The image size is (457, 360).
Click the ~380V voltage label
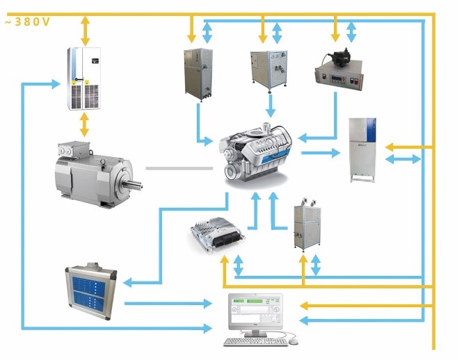[28, 22]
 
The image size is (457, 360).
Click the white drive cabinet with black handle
[84, 79]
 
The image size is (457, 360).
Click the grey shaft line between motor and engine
[179, 168]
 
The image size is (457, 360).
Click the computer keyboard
[255, 342]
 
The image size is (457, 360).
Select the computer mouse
[294, 341]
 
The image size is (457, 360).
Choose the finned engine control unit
[218, 234]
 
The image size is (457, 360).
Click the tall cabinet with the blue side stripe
[363, 150]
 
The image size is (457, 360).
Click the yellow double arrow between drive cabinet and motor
[84, 124]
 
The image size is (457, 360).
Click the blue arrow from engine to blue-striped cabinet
[321, 153]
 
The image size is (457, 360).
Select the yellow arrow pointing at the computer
[366, 306]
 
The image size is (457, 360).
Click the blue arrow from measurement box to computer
[168, 304]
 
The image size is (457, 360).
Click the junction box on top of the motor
[74, 149]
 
